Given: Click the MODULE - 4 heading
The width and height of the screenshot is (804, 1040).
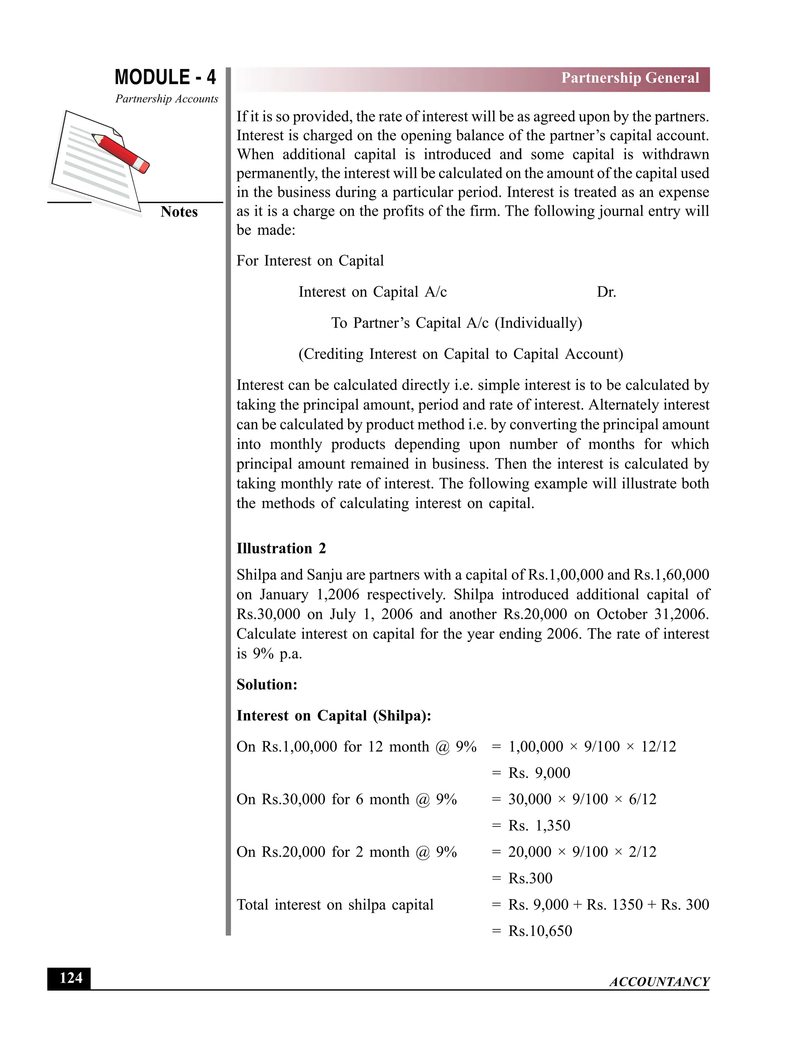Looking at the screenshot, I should click(165, 77).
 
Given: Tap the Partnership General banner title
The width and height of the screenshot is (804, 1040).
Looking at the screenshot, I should click(630, 78).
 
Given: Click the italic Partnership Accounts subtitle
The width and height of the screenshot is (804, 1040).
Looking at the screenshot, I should click(167, 99).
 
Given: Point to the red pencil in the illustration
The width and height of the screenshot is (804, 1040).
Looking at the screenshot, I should click(121, 153).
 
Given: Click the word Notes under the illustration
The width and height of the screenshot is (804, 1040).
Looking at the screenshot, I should click(179, 212).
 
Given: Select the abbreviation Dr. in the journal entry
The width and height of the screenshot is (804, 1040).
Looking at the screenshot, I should click(606, 292).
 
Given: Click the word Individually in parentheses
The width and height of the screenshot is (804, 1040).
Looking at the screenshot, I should click(538, 323).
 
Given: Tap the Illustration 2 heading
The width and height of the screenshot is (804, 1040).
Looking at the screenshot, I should click(281, 549).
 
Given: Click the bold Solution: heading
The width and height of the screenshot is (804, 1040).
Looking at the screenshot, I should click(267, 685).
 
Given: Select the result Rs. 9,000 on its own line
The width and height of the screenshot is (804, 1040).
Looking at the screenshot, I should click(539, 773).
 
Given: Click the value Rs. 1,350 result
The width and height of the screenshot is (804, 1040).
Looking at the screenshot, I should click(539, 825).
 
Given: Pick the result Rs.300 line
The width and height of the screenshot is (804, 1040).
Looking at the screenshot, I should click(530, 878).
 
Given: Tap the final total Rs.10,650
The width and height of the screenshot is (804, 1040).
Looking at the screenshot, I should click(540, 931).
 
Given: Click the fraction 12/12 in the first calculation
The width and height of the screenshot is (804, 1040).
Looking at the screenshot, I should click(658, 747).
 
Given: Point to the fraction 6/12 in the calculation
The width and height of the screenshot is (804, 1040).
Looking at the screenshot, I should click(643, 799).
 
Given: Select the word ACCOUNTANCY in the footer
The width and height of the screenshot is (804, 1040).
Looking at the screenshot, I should click(659, 982).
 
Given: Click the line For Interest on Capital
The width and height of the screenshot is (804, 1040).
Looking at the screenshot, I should click(310, 261).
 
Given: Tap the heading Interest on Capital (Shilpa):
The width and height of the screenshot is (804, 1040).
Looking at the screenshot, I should click(333, 716).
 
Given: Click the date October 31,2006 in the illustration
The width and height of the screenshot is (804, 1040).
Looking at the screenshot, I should click(652, 614).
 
